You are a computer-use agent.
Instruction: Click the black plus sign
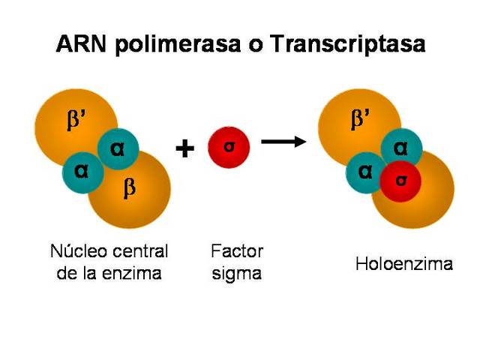coord(184,148)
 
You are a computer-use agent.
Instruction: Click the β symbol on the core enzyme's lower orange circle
coord(130,188)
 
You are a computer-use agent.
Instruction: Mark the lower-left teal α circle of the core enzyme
coord(82,171)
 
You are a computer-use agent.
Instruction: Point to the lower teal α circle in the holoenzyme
coord(365,171)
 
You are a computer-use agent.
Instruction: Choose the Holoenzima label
coord(404,264)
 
